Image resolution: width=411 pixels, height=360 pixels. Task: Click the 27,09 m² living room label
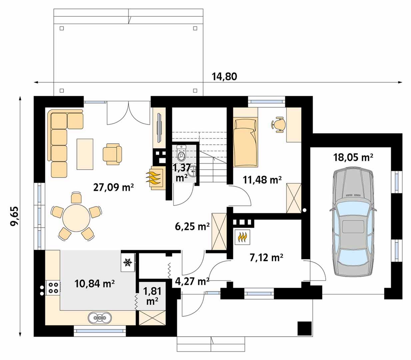[113, 188]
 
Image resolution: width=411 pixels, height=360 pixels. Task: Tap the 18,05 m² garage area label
[353, 158]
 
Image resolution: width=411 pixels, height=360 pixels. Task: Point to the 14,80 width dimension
[225, 77]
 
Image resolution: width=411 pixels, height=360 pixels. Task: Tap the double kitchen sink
[100, 317]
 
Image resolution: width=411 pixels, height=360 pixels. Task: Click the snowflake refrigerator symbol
[127, 262]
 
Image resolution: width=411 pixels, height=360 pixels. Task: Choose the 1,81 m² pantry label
[152, 296]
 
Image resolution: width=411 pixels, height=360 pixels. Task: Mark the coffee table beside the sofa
[85, 154]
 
